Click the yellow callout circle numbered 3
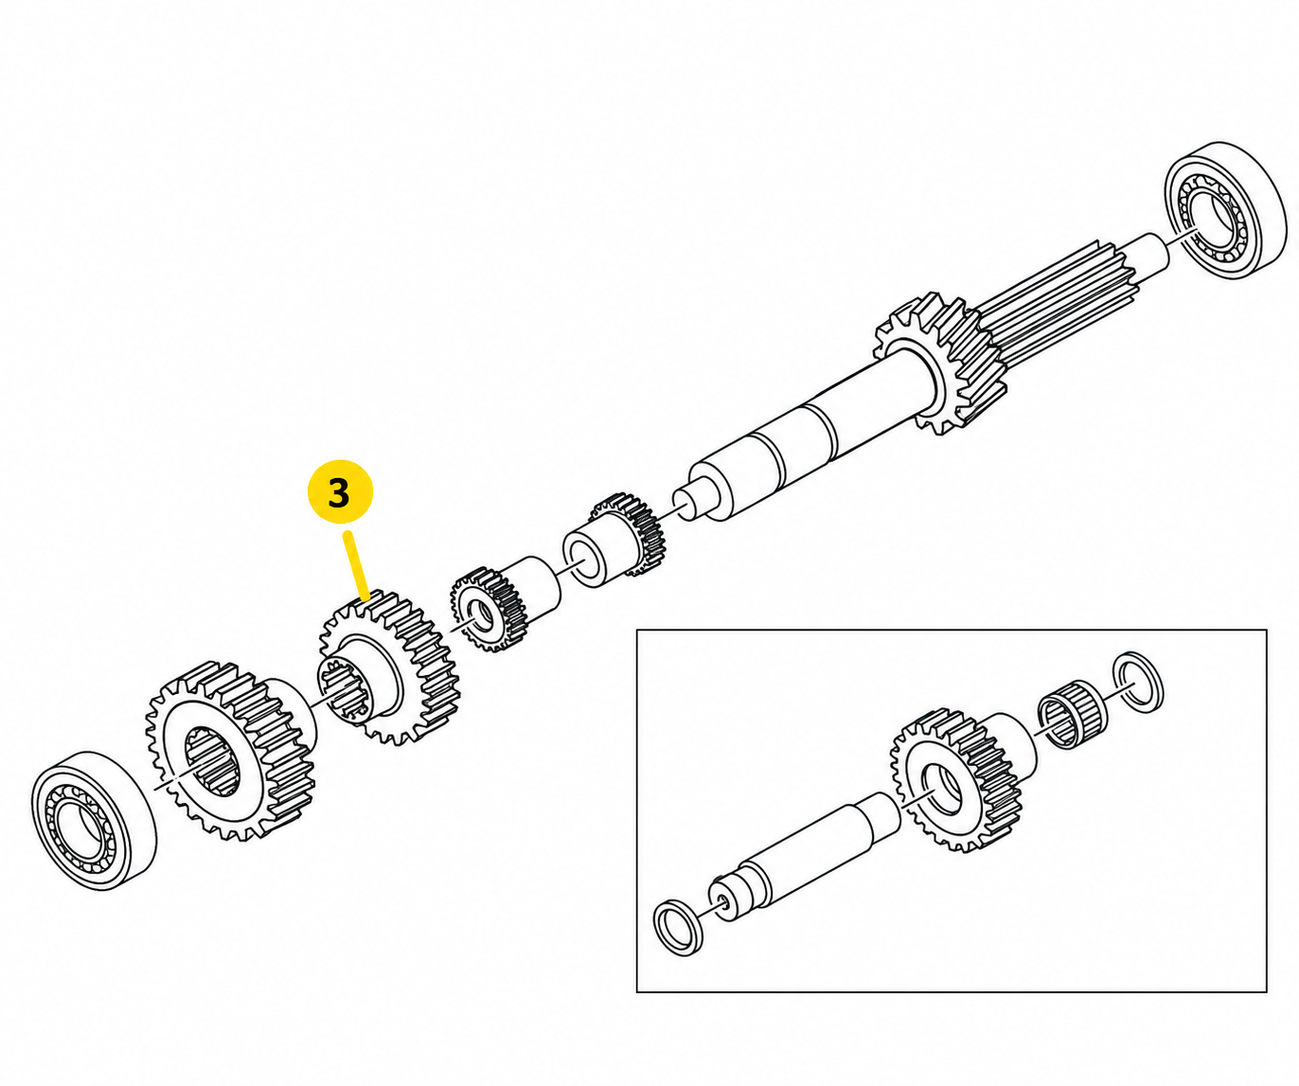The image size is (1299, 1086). click(340, 491)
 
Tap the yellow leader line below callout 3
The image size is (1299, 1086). click(358, 565)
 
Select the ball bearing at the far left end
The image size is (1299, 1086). click(94, 820)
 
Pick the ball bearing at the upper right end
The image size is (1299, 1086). click(1225, 209)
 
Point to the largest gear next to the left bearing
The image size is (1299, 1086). click(231, 751)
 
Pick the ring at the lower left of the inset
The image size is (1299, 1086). click(678, 927)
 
